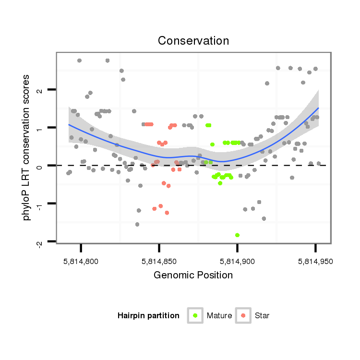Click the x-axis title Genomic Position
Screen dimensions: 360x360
(x=193, y=276)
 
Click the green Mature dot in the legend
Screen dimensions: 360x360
(x=195, y=315)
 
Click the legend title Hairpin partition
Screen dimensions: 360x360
(x=148, y=316)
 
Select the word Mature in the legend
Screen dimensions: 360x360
(x=219, y=316)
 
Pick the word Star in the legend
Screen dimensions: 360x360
(x=262, y=316)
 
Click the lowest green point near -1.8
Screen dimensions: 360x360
(x=237, y=235)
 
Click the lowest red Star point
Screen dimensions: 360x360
(x=167, y=213)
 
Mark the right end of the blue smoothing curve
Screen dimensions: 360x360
(x=318, y=108)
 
